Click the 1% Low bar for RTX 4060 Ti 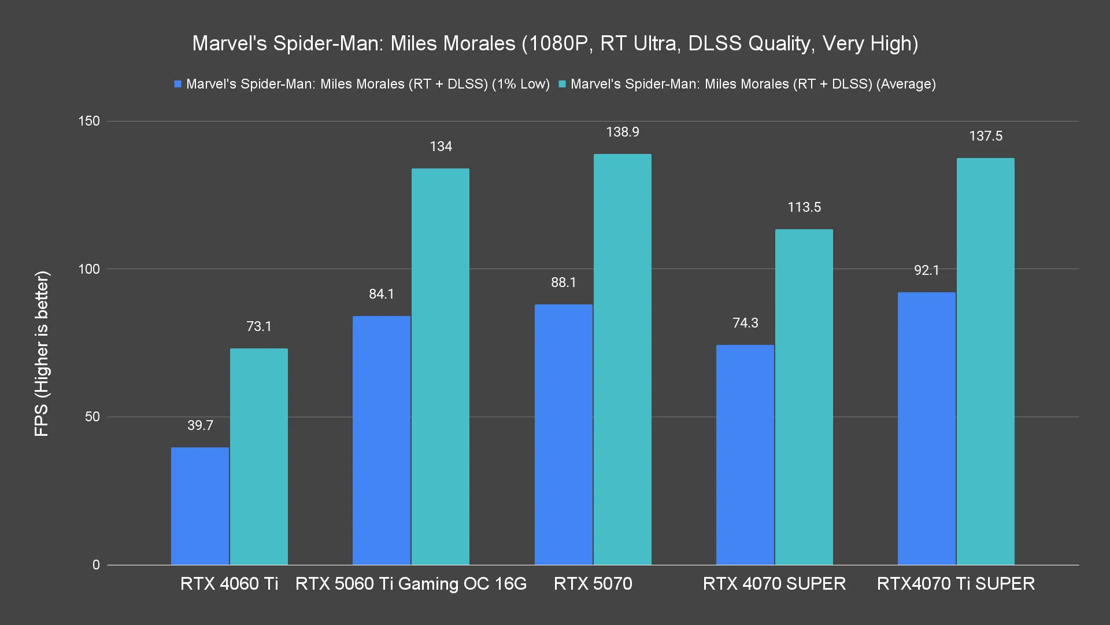200,506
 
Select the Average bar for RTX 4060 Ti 259,457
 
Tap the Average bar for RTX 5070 622,359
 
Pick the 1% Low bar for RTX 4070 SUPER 745,455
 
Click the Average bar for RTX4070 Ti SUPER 985,362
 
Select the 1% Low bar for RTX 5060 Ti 382,440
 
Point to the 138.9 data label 622,133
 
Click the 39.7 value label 200,425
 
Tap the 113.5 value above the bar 804,207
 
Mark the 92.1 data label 926,270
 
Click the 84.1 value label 382,294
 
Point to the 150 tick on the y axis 89,122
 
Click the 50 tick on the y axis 92,417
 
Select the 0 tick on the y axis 96,565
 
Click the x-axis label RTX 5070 593,583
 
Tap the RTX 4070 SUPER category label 774,583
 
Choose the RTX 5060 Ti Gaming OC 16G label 411,583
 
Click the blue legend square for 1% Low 178,84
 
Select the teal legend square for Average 562,84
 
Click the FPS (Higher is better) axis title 42,354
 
